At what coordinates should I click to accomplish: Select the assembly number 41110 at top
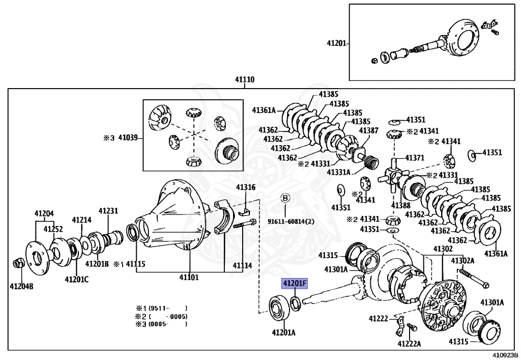(245, 80)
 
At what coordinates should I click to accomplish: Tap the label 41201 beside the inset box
(337, 44)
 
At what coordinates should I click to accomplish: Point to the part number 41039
(128, 137)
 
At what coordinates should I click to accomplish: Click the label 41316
(245, 187)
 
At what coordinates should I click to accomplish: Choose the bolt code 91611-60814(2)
(291, 221)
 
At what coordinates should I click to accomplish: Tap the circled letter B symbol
(285, 198)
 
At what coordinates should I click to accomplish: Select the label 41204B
(21, 287)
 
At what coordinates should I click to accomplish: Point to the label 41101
(189, 278)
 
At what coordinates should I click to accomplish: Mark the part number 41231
(108, 210)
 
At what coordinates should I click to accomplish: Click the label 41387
(368, 131)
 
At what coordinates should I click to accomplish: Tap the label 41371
(414, 158)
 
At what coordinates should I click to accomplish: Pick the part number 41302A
(462, 260)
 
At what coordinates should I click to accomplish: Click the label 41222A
(409, 344)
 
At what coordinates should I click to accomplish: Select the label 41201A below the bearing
(283, 333)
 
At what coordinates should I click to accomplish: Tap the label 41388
(400, 205)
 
